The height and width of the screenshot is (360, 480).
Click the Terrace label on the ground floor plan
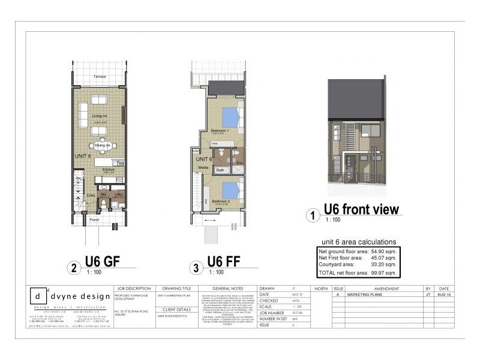tap(100, 77)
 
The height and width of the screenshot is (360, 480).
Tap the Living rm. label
tap(100, 116)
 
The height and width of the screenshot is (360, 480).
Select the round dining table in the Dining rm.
tap(101, 145)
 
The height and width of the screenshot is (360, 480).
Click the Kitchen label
tap(108, 170)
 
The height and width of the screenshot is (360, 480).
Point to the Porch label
tap(95, 220)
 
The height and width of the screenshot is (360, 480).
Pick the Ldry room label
tap(119, 194)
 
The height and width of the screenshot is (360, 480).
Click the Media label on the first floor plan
tap(203, 168)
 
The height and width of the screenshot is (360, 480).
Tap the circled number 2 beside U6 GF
tap(73, 268)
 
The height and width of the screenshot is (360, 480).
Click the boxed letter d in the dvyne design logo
tap(38, 296)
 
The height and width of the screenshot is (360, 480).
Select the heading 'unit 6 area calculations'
tap(359, 242)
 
